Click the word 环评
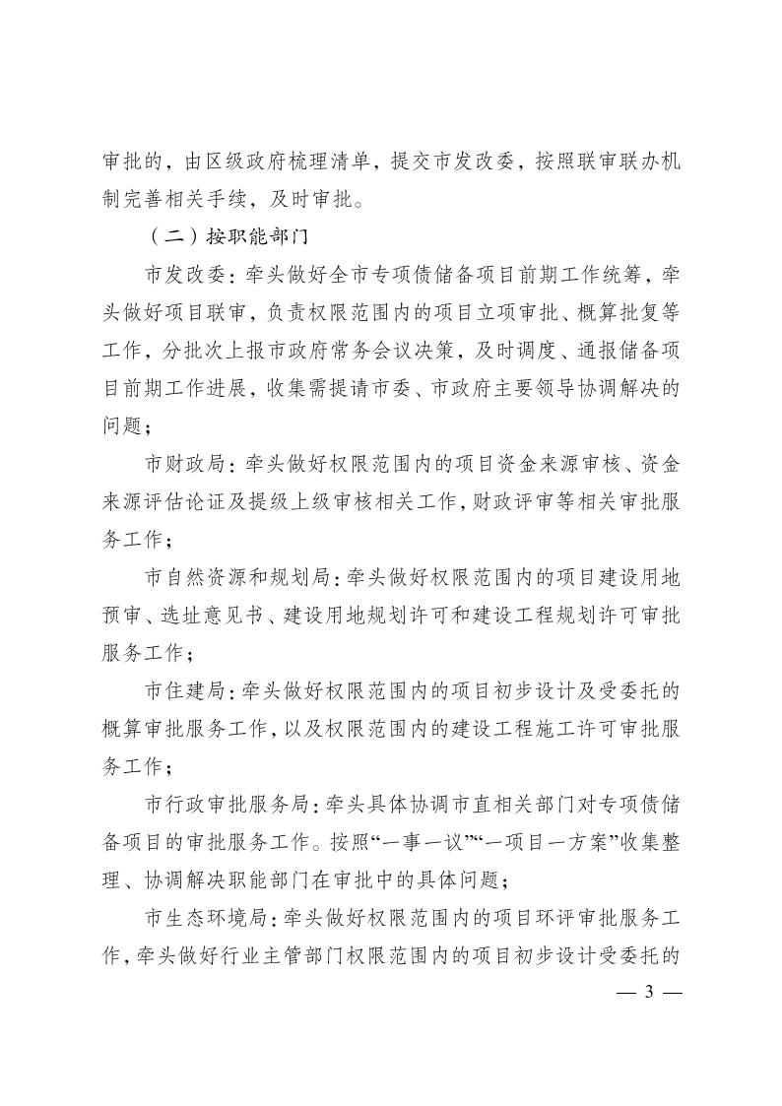point(547,918)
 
